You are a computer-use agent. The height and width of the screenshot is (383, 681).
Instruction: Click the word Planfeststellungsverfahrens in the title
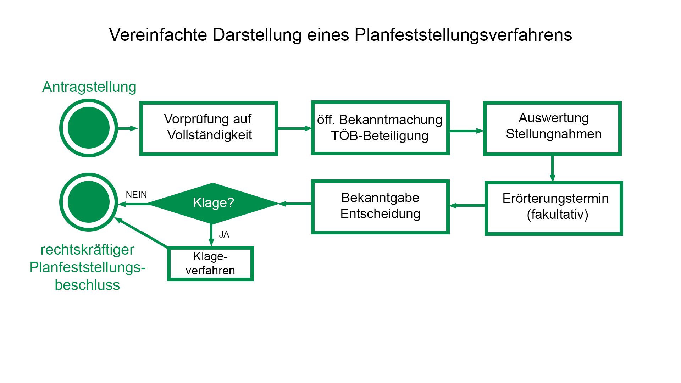pos(463,35)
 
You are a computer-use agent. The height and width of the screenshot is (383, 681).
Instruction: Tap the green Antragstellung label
pos(89,87)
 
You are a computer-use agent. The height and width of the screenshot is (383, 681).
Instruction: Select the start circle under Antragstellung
pos(89,128)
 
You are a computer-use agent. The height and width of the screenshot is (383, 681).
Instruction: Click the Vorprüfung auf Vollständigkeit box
pos(209,128)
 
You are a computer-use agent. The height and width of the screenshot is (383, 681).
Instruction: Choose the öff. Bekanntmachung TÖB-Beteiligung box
pos(380,128)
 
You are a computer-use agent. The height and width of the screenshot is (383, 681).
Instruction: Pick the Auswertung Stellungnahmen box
pos(552,128)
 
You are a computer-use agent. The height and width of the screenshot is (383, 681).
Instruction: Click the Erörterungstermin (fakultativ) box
pos(554,208)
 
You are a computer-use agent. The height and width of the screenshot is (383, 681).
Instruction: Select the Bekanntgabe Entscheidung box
pos(380,207)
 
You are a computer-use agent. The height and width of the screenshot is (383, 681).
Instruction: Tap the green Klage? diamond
pos(213,203)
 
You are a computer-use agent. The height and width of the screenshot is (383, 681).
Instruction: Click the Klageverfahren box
pos(210,264)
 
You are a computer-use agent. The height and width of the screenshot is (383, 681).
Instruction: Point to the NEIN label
pos(136,195)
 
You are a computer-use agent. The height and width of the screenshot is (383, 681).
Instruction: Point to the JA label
pos(224,235)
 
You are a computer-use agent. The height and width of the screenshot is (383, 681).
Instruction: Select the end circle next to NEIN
pos(89,202)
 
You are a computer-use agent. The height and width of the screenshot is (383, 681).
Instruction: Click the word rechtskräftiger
pos(87,250)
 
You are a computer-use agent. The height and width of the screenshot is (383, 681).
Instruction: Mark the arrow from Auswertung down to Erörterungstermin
pos(552,168)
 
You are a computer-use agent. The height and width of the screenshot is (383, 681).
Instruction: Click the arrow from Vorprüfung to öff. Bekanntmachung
pos(294,128)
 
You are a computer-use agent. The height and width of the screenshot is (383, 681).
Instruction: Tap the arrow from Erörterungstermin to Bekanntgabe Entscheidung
pos(467,206)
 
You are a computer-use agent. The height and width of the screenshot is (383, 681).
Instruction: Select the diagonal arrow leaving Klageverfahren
pos(142,232)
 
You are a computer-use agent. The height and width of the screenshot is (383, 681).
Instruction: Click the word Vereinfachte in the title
pos(158,35)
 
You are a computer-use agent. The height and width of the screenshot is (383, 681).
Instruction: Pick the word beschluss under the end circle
pos(87,285)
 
